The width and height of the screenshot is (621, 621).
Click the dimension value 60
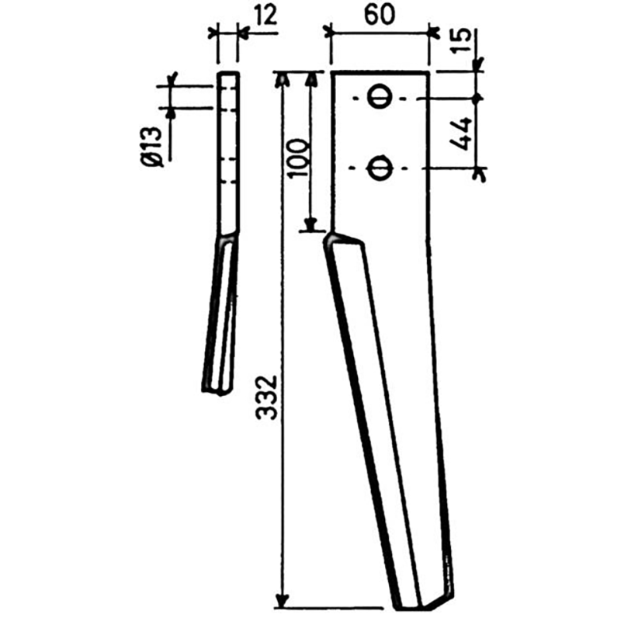click(378, 15)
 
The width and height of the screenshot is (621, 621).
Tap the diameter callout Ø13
click(152, 143)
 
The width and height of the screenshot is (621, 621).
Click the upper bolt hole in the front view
click(380, 98)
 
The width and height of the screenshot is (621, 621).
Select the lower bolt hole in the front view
click(380, 168)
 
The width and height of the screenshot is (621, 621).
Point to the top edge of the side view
click(228, 73)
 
